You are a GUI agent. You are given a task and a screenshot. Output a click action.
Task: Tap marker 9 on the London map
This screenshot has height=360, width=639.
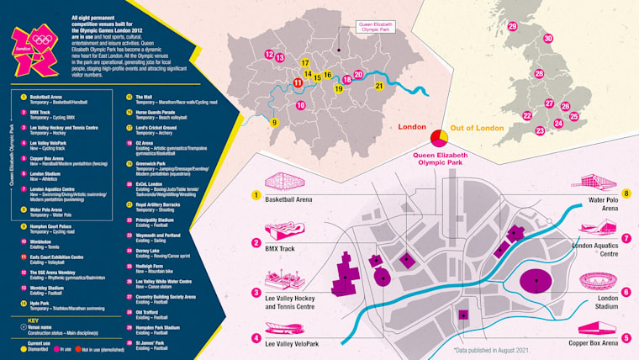(x=274, y=122)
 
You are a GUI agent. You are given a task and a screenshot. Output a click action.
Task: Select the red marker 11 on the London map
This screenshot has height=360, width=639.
(x=298, y=82)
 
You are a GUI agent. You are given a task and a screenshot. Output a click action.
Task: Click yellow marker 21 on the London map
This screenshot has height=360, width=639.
(x=379, y=86)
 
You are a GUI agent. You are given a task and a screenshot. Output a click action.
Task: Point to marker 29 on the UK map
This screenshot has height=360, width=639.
(x=512, y=27)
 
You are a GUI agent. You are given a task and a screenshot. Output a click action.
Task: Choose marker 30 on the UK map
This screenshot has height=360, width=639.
(x=548, y=39)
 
